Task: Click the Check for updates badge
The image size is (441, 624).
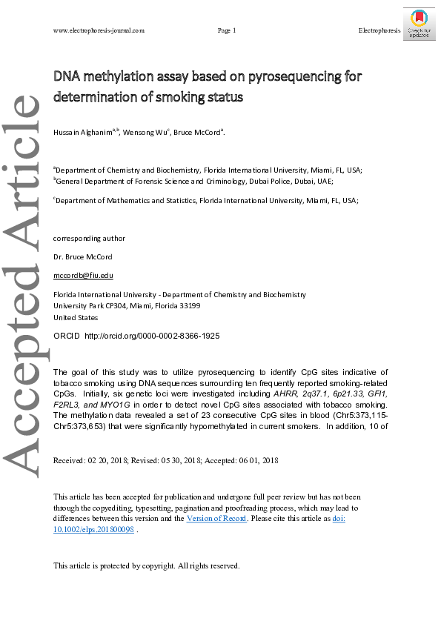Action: pos(419,24)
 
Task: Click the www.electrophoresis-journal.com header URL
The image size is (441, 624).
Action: pos(99,30)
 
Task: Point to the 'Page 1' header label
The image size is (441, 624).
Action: pos(227,30)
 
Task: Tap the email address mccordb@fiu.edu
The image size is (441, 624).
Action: pos(83,275)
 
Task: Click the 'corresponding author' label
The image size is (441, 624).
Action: pos(89,238)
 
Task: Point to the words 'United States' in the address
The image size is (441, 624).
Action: pos(76,317)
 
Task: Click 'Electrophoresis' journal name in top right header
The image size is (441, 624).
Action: pos(379,30)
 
